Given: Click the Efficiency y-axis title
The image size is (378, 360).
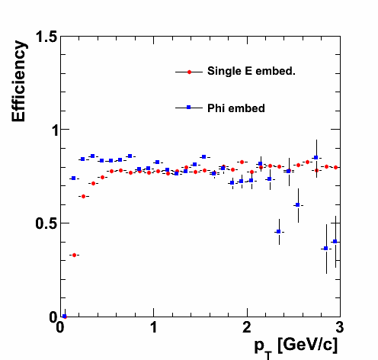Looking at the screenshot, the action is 19,81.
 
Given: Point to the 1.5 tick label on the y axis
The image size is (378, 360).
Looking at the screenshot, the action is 46,37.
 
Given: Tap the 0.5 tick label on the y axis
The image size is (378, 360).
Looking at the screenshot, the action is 46,223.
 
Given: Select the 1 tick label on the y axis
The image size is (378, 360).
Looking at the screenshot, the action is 54,131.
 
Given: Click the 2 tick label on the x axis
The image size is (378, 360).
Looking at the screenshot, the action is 247,327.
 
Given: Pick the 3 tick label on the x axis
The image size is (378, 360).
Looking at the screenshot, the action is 340,327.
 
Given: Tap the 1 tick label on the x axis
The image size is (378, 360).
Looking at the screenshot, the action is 154,327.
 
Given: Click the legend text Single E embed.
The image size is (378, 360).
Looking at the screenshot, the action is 251,71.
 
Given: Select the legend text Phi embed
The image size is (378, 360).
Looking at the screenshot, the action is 236,108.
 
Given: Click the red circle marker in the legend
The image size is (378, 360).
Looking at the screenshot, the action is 189,72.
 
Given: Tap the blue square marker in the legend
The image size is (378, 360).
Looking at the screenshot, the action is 189,108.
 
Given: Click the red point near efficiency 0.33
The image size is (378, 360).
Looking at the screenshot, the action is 74,255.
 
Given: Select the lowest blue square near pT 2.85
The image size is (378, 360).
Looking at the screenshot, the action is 326,249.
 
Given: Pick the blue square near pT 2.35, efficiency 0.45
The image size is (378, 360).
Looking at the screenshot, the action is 279,232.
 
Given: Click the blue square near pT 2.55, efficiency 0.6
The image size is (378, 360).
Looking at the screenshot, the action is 298,204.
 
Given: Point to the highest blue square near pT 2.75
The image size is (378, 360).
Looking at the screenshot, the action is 316,158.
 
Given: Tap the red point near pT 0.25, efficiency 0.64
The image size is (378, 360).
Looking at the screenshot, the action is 83,196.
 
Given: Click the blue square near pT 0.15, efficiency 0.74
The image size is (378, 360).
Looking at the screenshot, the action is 74,178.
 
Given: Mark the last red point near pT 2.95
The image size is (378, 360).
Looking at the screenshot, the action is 335,167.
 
